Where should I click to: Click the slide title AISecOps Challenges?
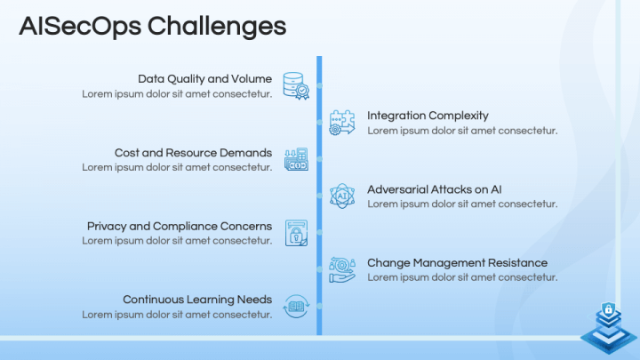(153, 27)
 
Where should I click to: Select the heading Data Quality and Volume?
(205, 79)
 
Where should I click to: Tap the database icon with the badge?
(296, 85)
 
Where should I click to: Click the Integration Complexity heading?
(428, 116)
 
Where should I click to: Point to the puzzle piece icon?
(342, 123)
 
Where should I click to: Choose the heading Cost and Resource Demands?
(193, 153)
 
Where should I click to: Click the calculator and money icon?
(296, 159)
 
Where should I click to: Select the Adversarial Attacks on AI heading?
(435, 189)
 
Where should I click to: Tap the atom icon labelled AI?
(342, 196)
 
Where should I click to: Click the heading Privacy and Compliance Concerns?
(180, 226)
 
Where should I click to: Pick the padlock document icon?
(296, 233)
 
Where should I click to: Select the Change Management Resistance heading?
(457, 263)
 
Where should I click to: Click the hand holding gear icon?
(342, 270)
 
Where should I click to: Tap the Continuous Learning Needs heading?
(197, 300)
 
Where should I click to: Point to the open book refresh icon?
(296, 306)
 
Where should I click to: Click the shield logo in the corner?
(609, 328)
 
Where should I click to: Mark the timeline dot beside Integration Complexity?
(320, 123)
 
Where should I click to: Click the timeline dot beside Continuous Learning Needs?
(320, 306)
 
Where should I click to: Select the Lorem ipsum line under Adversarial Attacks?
(462, 204)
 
